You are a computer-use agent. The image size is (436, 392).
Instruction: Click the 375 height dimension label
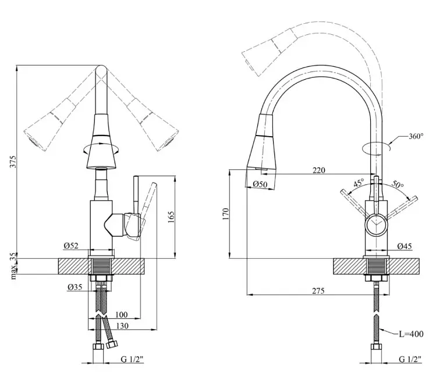coord(13,162)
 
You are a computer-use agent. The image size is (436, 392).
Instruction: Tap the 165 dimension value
coord(171,217)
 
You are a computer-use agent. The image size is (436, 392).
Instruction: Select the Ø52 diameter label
coord(71,245)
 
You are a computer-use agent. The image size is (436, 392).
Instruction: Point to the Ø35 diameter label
coord(75,287)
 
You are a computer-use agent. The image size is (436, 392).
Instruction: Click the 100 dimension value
coord(122,315)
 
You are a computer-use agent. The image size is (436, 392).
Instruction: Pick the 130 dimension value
coord(122,326)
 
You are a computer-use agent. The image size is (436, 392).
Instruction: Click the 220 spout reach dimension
coord(318,170)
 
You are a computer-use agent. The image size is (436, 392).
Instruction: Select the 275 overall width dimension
coord(318,291)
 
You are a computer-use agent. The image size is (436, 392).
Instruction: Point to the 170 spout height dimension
coord(225,214)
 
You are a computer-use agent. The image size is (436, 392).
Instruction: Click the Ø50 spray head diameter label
coord(260,184)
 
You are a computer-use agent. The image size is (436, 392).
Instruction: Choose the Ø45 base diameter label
coord(405,246)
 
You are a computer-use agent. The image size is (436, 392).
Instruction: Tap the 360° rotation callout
coord(416,136)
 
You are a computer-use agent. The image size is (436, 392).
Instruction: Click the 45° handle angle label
coord(359,183)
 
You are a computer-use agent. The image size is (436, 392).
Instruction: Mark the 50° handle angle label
coord(398,184)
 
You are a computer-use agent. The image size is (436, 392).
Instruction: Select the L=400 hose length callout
coord(411,334)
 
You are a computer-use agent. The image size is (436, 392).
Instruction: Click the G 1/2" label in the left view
coord(132,359)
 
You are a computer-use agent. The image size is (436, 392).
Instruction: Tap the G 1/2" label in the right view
coord(410,359)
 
